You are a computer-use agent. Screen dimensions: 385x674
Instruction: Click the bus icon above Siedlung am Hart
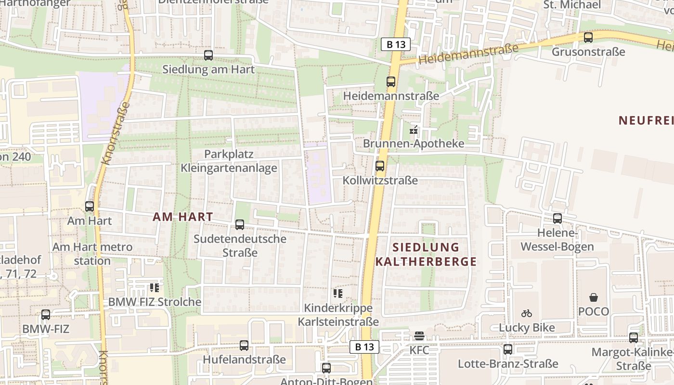(x=208, y=55)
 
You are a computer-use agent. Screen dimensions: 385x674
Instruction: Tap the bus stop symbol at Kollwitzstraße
(x=380, y=166)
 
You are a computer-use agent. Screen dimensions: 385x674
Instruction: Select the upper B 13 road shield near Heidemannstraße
(x=395, y=44)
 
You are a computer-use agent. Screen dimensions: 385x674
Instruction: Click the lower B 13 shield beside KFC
(x=364, y=346)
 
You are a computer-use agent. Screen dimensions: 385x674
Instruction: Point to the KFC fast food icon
(x=419, y=336)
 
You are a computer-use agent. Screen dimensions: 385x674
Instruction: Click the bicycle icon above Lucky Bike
(x=527, y=313)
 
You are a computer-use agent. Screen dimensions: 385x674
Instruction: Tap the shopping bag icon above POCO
(x=594, y=297)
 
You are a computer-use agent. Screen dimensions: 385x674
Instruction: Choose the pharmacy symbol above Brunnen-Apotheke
(x=414, y=129)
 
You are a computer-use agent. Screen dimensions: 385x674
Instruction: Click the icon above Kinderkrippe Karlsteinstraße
(x=337, y=293)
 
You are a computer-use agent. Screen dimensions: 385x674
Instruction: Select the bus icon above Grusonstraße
(x=588, y=38)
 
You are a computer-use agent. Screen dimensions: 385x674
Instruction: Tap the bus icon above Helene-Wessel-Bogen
(x=557, y=218)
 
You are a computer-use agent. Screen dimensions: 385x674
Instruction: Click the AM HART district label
(x=183, y=217)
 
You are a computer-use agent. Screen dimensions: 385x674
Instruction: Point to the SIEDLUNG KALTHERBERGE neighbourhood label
(x=426, y=255)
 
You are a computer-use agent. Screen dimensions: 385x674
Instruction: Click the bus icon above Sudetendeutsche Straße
(x=240, y=224)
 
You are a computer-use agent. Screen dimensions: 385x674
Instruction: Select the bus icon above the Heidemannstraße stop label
(x=391, y=82)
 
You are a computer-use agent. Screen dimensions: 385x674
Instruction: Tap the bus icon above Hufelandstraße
(x=244, y=346)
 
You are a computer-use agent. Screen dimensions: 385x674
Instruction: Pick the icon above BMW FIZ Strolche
(x=154, y=288)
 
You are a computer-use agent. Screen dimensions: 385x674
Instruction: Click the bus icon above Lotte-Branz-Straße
(x=508, y=349)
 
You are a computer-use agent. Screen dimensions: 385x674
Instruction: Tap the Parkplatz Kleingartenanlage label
(x=229, y=161)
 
